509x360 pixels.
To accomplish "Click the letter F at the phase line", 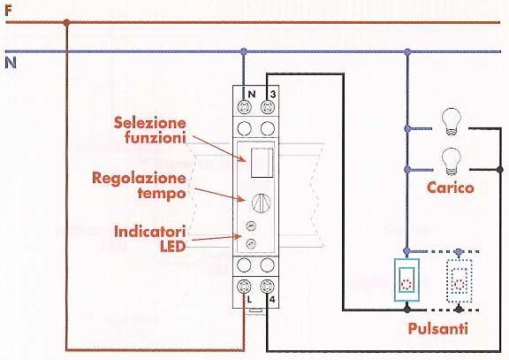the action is [9, 11].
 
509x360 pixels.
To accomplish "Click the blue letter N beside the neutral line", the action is [11, 63].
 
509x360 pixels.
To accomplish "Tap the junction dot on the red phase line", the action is [66, 23].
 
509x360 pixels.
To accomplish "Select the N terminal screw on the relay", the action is [244, 106].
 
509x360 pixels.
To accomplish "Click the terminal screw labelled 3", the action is [268, 106].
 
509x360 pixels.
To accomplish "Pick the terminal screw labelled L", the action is [244, 287].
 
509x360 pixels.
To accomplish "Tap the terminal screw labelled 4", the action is [268, 287].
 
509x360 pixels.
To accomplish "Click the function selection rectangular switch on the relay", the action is [262, 163].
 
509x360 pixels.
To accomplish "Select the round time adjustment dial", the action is [262, 203].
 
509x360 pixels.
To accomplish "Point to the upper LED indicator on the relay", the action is [251, 226].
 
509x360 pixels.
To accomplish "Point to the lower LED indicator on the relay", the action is [251, 243].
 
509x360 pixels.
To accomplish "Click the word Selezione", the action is [150, 122].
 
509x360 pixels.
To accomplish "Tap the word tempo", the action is [162, 194].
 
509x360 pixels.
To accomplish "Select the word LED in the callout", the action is [172, 247].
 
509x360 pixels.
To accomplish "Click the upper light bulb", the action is [451, 122].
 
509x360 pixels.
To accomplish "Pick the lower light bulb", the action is [451, 162].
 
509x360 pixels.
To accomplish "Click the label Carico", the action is [451, 188].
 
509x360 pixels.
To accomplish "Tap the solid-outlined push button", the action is [406, 280].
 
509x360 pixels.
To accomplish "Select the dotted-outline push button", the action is [459, 280].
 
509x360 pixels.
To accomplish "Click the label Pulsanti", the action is [438, 328].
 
